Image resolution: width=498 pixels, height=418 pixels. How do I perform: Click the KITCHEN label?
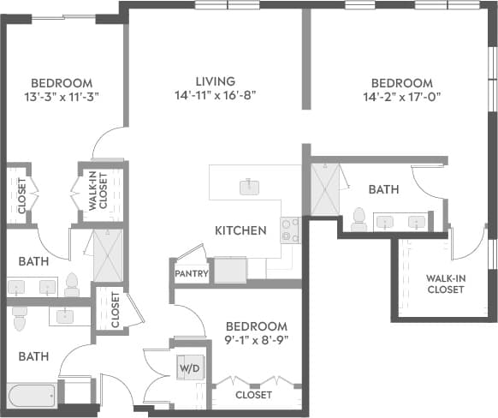240,230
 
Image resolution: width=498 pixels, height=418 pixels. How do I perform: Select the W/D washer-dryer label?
188,367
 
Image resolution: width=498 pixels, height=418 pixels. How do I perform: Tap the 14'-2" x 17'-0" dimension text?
401,97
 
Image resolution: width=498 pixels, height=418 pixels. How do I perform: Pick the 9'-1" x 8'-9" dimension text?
256,340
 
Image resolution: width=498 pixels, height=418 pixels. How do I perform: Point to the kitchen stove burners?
290,230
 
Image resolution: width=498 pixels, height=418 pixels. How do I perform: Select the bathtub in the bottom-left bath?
33,397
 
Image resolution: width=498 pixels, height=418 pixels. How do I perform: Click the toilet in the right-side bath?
359,220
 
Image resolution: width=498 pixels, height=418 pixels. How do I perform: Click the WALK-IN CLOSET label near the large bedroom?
445,283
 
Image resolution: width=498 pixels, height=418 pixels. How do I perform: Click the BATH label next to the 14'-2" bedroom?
382,188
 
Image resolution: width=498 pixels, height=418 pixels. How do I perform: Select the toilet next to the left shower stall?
72,284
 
